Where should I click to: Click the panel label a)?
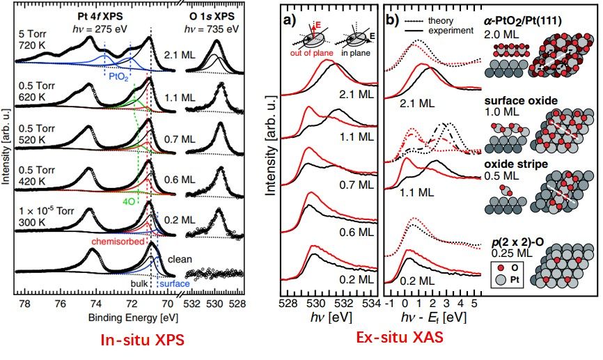[x=287, y=20]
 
